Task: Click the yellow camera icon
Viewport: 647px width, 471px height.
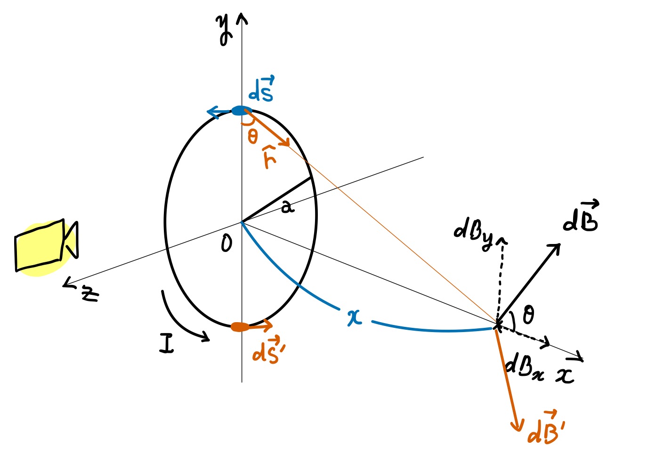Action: coord(45,247)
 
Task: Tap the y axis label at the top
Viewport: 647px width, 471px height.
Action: coord(225,29)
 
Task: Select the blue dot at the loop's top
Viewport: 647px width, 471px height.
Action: coord(239,111)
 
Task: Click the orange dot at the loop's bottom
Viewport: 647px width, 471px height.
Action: coord(240,327)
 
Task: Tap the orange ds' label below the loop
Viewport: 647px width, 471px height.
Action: coord(267,350)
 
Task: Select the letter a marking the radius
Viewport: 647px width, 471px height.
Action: coord(287,206)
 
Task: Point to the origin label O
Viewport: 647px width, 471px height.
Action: coord(226,244)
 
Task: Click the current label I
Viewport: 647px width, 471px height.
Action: coord(166,343)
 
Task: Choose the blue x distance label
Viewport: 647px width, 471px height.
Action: coord(355,317)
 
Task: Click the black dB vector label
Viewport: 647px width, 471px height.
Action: coord(581,217)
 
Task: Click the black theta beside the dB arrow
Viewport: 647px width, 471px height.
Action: coord(528,314)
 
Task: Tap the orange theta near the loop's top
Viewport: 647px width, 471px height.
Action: coord(253,137)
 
